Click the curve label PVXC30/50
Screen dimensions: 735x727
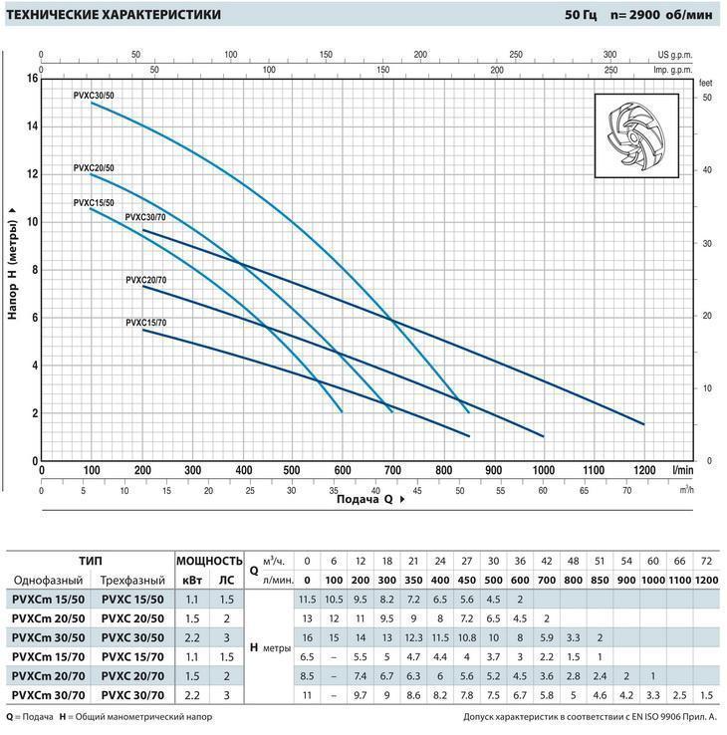coord(95,94)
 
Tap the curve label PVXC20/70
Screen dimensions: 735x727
coord(146,280)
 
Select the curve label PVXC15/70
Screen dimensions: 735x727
coord(146,323)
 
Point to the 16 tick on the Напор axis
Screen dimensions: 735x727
coord(32,78)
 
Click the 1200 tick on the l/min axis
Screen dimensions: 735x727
coord(643,469)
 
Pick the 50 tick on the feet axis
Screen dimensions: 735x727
coord(707,98)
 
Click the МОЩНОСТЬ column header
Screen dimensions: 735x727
coord(209,561)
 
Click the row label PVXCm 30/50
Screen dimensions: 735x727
coord(48,636)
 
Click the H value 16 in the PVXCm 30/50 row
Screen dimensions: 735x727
coord(307,636)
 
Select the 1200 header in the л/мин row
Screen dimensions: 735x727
coord(705,581)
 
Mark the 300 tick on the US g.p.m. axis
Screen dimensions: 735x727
coord(610,55)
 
